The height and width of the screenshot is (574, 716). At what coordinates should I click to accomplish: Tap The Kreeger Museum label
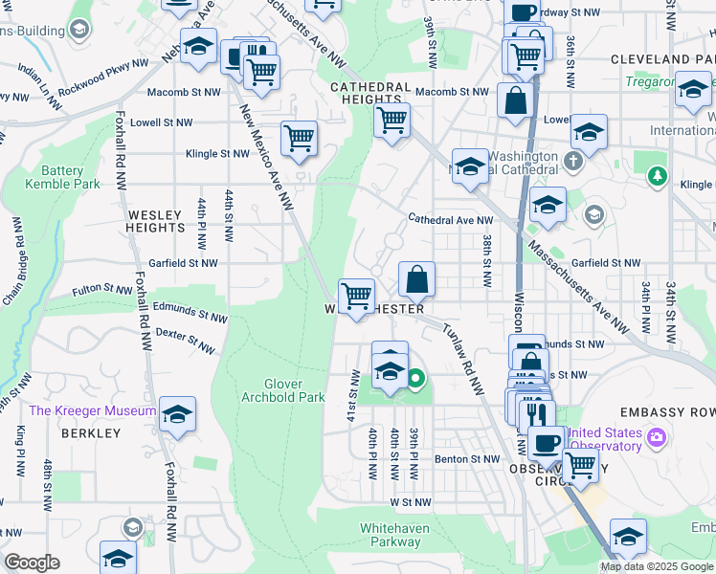tap(92, 410)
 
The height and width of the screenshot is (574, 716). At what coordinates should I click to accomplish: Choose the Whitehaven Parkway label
tap(394, 535)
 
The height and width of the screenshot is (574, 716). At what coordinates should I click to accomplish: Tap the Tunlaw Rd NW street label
tap(461, 358)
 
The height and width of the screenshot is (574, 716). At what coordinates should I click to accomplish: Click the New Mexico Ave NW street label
tap(267, 158)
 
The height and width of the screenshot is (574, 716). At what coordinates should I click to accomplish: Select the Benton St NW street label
tap(467, 459)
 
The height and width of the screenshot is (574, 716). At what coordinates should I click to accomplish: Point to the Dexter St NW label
tap(185, 340)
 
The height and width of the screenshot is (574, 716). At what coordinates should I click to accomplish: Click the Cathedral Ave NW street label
tap(450, 219)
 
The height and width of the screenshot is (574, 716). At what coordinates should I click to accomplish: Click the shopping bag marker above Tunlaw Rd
tap(416, 279)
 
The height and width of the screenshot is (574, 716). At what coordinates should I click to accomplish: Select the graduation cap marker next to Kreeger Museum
tap(177, 413)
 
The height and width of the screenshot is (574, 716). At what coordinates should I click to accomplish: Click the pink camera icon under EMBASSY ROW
tap(656, 438)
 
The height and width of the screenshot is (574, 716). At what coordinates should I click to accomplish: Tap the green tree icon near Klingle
tap(657, 176)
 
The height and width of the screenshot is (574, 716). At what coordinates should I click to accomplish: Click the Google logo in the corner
tap(33, 563)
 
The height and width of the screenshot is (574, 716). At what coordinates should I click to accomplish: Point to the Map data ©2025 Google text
tap(657, 566)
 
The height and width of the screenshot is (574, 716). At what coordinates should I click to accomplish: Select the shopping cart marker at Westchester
tap(356, 297)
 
